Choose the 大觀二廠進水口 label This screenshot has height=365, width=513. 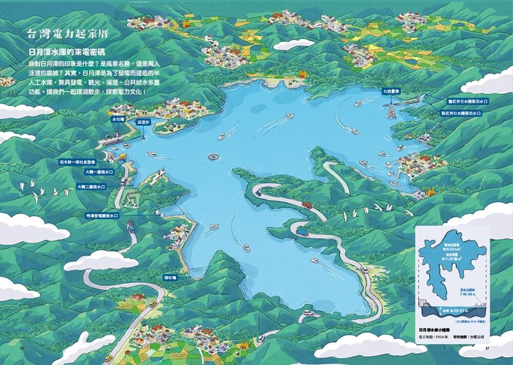click(91, 187)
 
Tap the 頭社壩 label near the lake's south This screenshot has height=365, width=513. click(170, 277)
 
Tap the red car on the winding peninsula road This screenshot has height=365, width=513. click(306, 205)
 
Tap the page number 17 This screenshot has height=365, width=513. click(488, 348)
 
